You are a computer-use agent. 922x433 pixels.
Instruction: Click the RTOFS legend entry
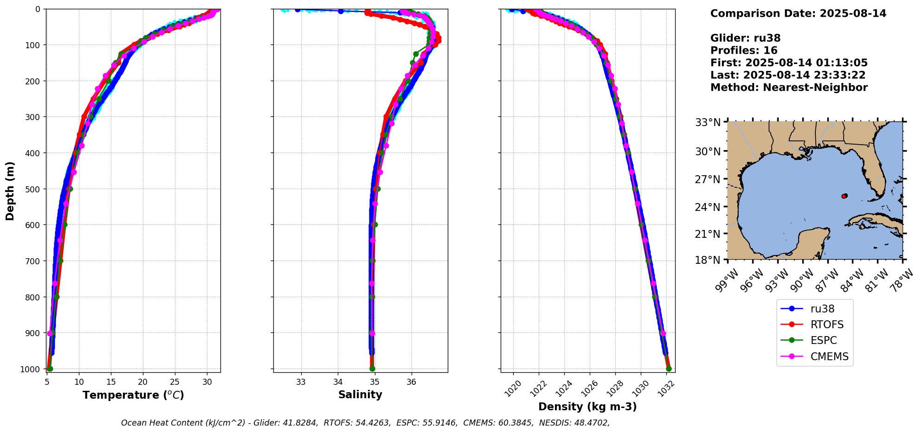[x=827, y=325]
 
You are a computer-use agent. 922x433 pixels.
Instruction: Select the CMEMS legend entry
[x=829, y=357]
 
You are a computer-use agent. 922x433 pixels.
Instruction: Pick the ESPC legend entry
[x=824, y=340]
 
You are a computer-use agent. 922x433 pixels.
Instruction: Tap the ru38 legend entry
[x=822, y=309]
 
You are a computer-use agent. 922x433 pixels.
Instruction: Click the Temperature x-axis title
[x=133, y=395]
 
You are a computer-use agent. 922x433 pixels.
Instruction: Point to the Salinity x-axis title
[x=360, y=395]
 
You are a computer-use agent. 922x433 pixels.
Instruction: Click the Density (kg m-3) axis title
[x=587, y=407]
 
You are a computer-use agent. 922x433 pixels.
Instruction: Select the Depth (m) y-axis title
[x=10, y=191]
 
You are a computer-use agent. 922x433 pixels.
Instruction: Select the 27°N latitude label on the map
[x=708, y=179]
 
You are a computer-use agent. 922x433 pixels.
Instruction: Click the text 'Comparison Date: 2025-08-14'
[x=798, y=13]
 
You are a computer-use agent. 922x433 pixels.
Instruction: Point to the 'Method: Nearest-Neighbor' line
[x=789, y=88]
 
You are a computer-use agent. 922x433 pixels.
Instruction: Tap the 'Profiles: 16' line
[x=744, y=51]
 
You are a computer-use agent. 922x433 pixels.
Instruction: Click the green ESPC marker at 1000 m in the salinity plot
[x=372, y=369]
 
